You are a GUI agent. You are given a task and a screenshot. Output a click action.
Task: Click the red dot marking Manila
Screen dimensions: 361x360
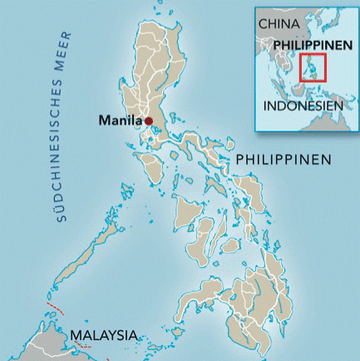pyautogui.click(x=149, y=121)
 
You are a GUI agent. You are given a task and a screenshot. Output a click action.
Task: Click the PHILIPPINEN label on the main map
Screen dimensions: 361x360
pyautogui.click(x=284, y=159)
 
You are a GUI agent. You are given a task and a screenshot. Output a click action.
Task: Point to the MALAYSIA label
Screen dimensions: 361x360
pyautogui.click(x=103, y=335)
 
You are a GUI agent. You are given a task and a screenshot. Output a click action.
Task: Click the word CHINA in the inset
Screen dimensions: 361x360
pyautogui.click(x=278, y=25)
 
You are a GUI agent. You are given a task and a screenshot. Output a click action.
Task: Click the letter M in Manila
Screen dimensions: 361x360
pyautogui.click(x=104, y=121)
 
